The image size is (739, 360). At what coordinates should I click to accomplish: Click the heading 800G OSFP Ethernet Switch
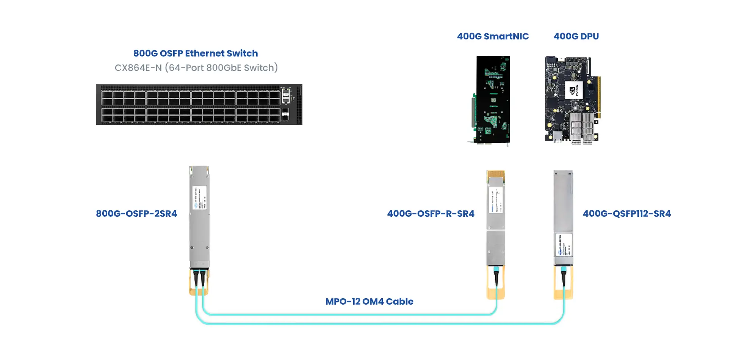[196, 53]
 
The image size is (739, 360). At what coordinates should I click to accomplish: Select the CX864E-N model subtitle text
[196, 68]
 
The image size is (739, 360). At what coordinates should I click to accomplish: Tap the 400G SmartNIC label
[493, 36]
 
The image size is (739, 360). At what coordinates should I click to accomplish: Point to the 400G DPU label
[576, 36]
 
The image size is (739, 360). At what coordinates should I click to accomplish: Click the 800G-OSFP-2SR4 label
[136, 214]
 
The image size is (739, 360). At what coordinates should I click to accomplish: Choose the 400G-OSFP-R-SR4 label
[431, 214]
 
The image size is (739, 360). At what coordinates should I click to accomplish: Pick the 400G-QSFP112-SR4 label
[626, 214]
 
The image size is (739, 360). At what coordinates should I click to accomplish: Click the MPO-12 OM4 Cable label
[369, 302]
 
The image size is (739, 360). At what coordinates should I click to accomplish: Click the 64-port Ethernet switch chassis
[189, 105]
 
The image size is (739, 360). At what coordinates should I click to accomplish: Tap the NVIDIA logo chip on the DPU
[573, 90]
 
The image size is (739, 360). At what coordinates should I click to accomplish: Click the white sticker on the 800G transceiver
[200, 198]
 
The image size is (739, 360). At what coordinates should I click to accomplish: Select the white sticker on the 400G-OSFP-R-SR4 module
[496, 200]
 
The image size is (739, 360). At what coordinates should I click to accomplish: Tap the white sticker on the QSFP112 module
[564, 245]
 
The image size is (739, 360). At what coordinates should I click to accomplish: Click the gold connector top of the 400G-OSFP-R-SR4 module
[496, 174]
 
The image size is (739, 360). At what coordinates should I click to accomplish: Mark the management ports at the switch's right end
[286, 104]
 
